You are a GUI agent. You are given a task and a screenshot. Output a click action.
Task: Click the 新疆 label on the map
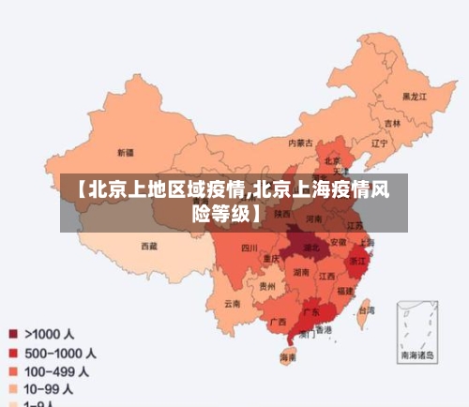point(125,152)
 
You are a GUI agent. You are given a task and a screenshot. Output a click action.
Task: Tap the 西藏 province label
point(149,246)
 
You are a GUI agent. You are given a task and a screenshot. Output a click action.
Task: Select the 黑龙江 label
point(414,97)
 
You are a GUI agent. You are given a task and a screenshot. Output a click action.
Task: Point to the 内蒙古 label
point(300,143)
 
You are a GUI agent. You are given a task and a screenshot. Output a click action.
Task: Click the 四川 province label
point(249,249)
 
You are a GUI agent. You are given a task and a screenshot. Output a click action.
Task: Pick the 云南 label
point(233,303)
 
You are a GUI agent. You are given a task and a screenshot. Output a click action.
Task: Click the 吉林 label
point(392,123)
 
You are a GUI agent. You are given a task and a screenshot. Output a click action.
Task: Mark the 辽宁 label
point(379,144)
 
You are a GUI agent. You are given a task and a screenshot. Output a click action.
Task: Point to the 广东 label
point(310,310)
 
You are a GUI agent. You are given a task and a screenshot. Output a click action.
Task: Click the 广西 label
point(278,322)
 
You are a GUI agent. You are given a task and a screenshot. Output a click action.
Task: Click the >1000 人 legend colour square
point(13,333)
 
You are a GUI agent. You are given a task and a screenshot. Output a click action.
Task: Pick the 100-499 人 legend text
point(57,371)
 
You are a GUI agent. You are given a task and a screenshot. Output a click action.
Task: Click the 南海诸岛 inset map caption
point(416,355)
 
